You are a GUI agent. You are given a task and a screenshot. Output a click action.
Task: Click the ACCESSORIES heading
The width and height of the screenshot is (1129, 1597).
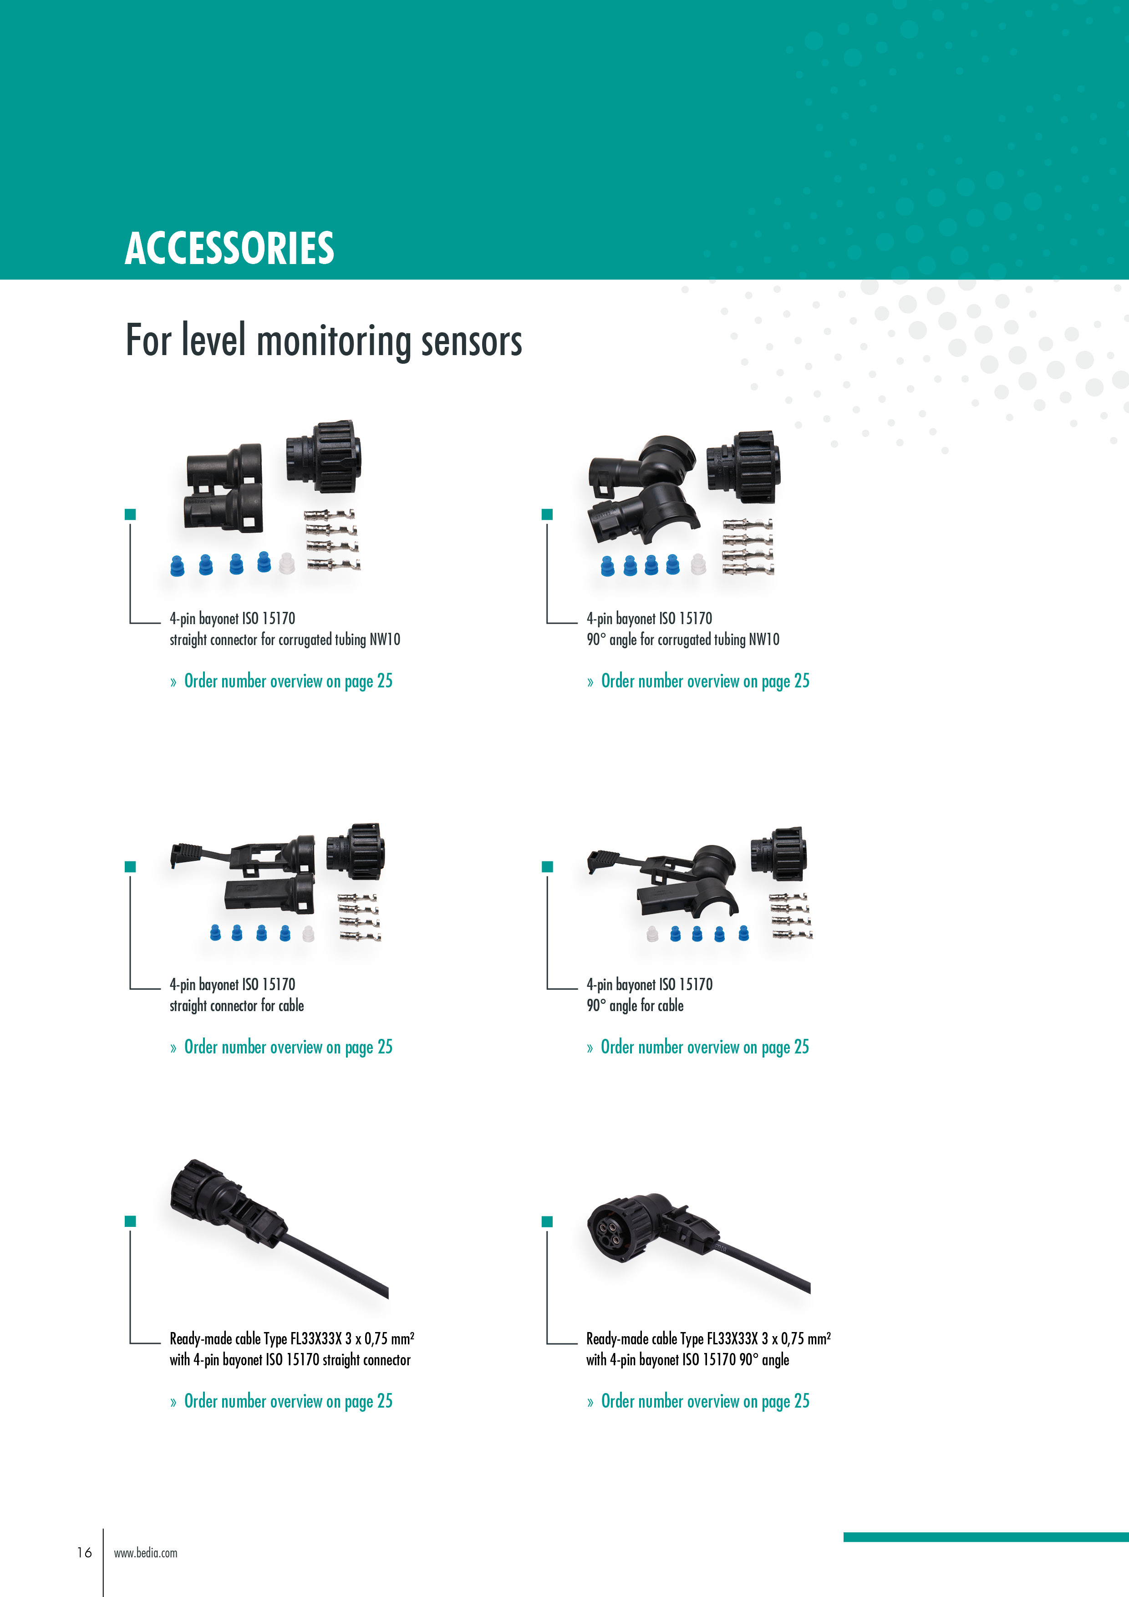(229, 248)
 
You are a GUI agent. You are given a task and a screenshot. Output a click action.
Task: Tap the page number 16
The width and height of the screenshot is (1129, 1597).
(84, 1552)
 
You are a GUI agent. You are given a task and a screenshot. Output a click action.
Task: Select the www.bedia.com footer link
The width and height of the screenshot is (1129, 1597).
(145, 1552)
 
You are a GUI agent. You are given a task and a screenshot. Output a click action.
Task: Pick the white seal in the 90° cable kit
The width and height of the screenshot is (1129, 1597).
(652, 933)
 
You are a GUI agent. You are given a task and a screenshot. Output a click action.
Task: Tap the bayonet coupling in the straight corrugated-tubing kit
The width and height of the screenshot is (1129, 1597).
(324, 457)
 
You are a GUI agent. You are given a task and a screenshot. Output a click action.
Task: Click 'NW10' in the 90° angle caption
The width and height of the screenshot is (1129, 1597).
(764, 639)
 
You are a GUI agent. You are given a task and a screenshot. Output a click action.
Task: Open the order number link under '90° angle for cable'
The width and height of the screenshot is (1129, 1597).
(698, 1047)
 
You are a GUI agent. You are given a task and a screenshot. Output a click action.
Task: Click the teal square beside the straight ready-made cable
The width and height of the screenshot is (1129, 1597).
(130, 1221)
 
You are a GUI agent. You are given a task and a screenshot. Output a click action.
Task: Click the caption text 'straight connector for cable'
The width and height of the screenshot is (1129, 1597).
(237, 1006)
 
